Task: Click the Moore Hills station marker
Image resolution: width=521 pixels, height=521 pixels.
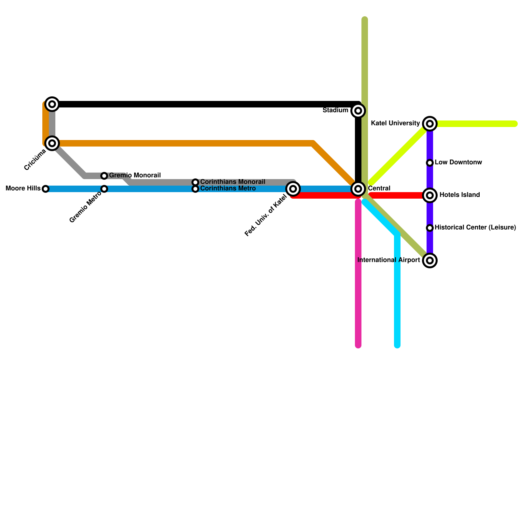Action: click(x=46, y=189)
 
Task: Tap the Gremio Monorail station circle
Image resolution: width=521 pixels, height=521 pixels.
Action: click(x=104, y=176)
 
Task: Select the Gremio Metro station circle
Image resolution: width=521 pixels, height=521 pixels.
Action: click(x=104, y=189)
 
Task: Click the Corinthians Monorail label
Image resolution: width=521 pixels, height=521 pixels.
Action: click(x=232, y=182)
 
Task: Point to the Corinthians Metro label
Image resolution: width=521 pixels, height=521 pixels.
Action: click(x=228, y=189)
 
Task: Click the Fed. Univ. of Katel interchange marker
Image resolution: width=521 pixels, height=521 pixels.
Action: click(x=293, y=189)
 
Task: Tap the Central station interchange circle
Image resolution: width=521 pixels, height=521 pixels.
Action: click(x=358, y=189)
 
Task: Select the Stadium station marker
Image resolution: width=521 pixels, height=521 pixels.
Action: click(x=358, y=111)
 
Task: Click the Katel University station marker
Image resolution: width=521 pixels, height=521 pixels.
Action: click(x=430, y=124)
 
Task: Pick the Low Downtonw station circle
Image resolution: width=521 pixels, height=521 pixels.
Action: click(x=430, y=163)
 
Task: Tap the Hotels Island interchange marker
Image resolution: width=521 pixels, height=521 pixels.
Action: click(x=430, y=195)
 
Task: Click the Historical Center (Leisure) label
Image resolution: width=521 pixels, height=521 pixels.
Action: click(x=475, y=228)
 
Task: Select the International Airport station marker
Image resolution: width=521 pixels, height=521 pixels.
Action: click(x=430, y=260)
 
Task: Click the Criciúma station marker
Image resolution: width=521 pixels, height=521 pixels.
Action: click(x=52, y=143)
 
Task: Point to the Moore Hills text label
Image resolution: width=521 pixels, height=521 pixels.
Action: click(x=23, y=189)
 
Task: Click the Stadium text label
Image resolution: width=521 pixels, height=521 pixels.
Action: click(x=335, y=110)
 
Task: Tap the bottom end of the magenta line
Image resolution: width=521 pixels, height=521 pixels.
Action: click(x=358, y=346)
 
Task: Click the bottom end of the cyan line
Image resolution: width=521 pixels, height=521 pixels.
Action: click(x=397, y=346)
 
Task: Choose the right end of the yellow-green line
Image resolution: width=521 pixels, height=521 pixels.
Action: click(x=515, y=124)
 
